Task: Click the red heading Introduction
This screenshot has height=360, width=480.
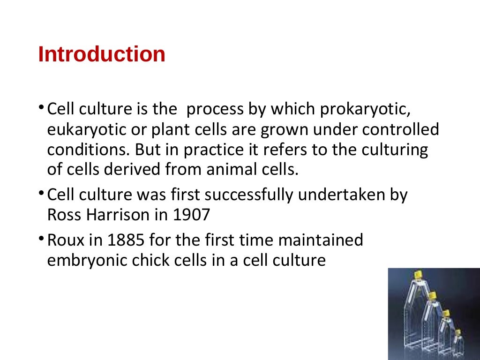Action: (x=102, y=54)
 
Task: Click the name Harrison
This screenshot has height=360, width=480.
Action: (x=123, y=215)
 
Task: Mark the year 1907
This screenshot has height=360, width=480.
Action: (x=191, y=215)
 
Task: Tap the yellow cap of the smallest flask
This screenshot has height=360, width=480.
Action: (x=457, y=332)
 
